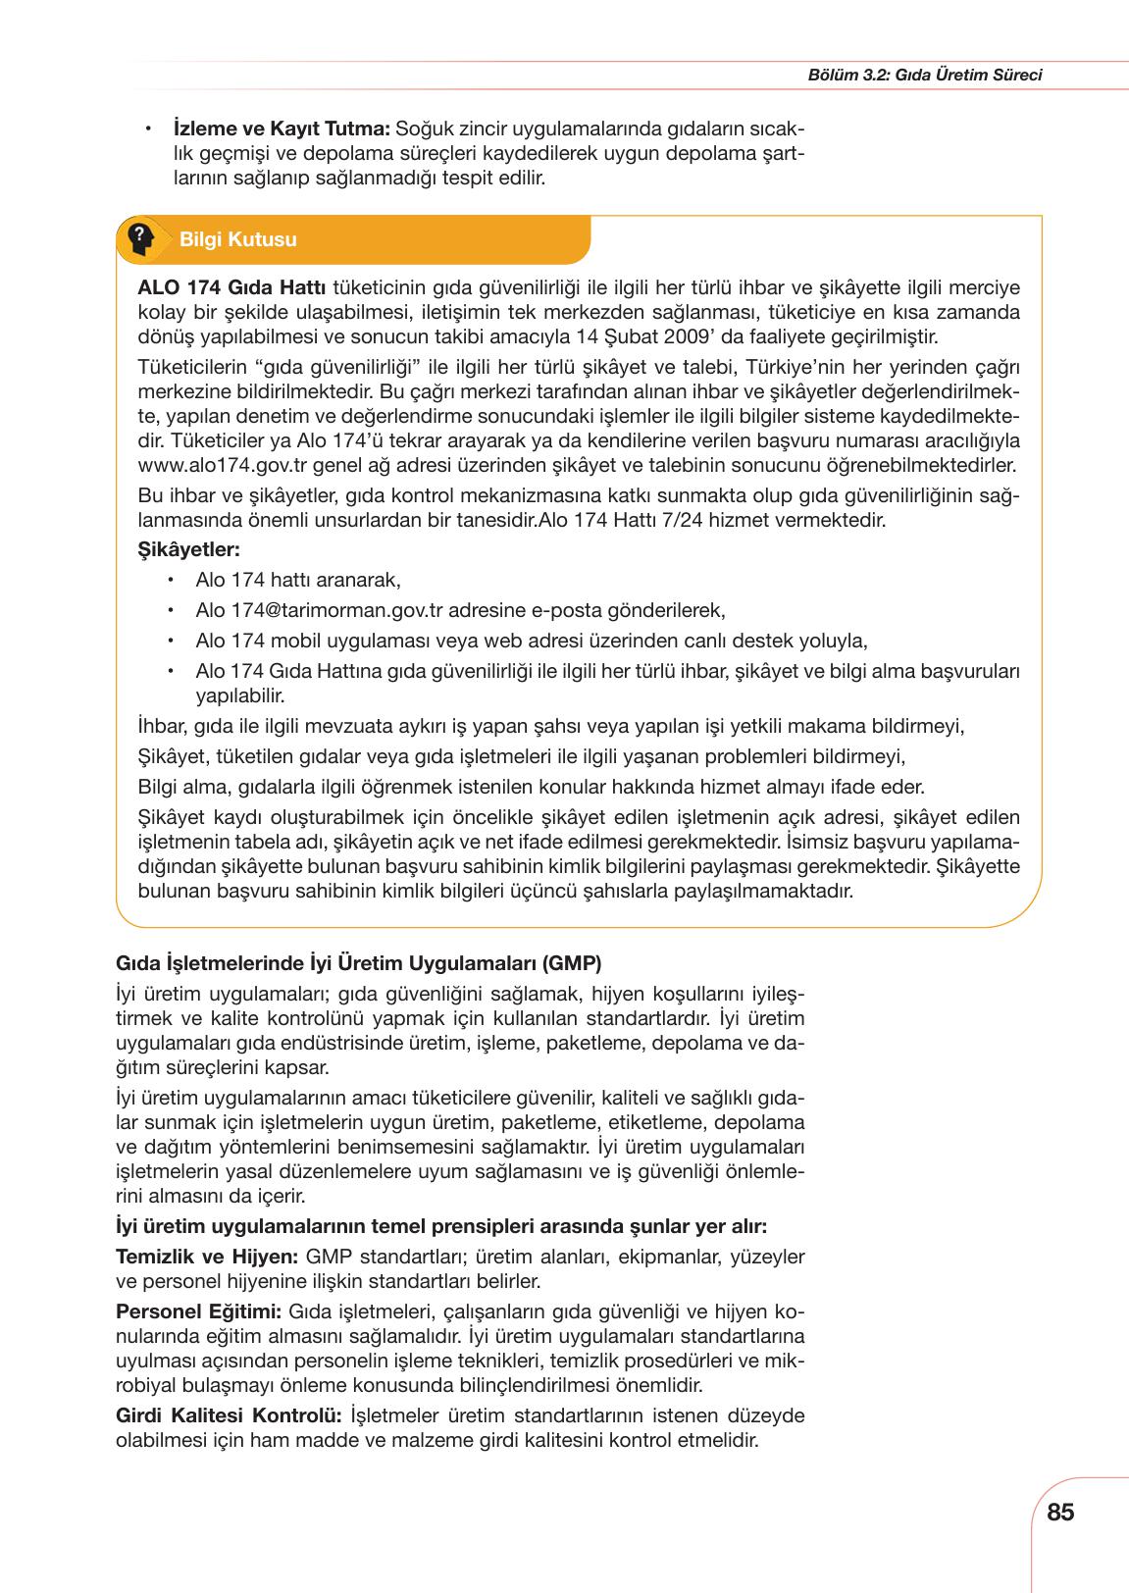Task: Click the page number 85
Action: [x=1060, y=1512]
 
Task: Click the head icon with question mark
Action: [x=140, y=238]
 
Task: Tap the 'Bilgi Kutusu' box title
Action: [x=238, y=240]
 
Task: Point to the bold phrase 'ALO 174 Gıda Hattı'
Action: [x=233, y=287]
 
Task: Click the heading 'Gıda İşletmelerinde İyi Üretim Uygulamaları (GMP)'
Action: [x=359, y=962]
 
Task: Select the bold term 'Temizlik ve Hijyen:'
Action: [x=207, y=1257]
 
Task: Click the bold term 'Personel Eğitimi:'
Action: [x=199, y=1311]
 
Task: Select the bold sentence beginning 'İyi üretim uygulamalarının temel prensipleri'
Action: [x=441, y=1226]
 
